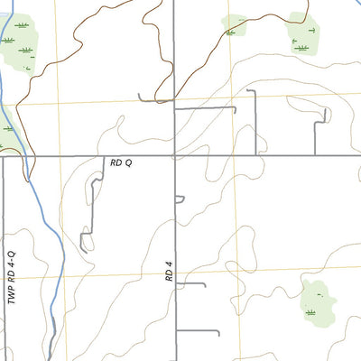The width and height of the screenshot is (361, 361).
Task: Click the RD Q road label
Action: [x=121, y=163]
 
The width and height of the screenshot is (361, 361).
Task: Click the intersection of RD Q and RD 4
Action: [x=175, y=155]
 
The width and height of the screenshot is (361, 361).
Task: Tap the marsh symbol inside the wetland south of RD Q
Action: [x=311, y=311]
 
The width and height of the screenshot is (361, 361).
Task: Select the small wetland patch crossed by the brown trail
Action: [x=234, y=26]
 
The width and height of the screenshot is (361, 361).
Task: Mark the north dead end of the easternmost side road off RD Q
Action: [x=323, y=110]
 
